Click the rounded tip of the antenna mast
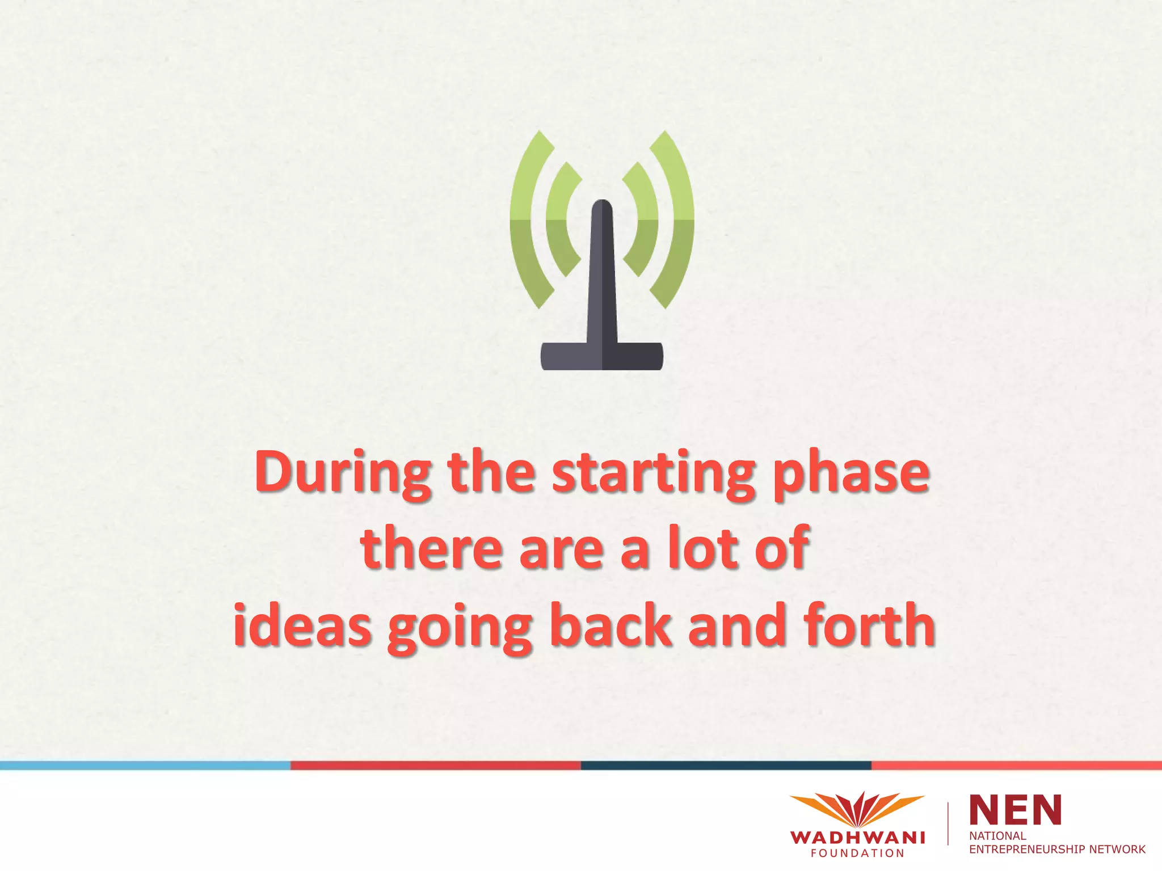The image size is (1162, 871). coord(601,208)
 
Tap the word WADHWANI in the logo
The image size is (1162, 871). coord(857,838)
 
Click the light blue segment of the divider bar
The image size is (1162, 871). coord(145,766)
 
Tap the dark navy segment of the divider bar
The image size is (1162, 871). coord(726,766)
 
